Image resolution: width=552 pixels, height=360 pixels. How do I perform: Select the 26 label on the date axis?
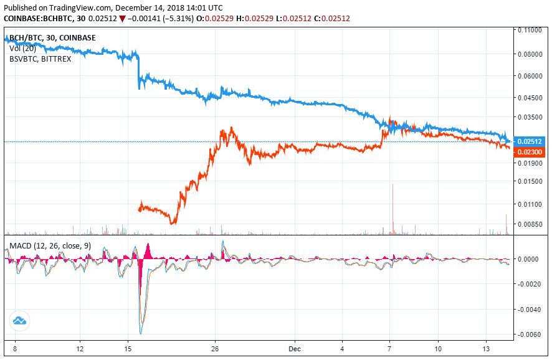(216, 348)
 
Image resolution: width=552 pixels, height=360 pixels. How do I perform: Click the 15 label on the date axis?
(127, 348)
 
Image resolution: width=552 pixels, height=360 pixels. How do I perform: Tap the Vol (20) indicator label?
(22, 48)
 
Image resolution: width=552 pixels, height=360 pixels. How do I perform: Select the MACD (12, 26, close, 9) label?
(50, 246)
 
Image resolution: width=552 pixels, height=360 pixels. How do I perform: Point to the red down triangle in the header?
(122, 19)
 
